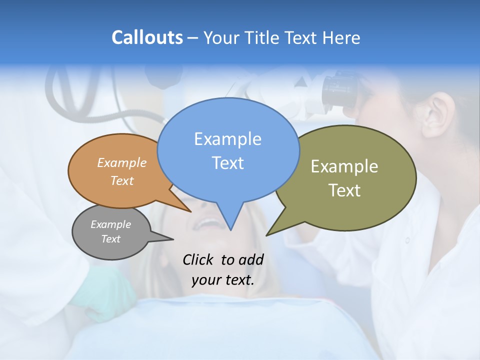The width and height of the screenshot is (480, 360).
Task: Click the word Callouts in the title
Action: click(x=147, y=37)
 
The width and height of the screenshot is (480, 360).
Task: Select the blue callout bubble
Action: click(x=228, y=150)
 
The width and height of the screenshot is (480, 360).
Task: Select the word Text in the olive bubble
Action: click(x=344, y=190)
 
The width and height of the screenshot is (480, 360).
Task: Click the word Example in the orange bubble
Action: click(x=122, y=162)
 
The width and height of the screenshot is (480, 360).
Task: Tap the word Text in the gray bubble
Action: click(x=110, y=239)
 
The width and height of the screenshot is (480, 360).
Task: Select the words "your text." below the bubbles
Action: click(x=222, y=280)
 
